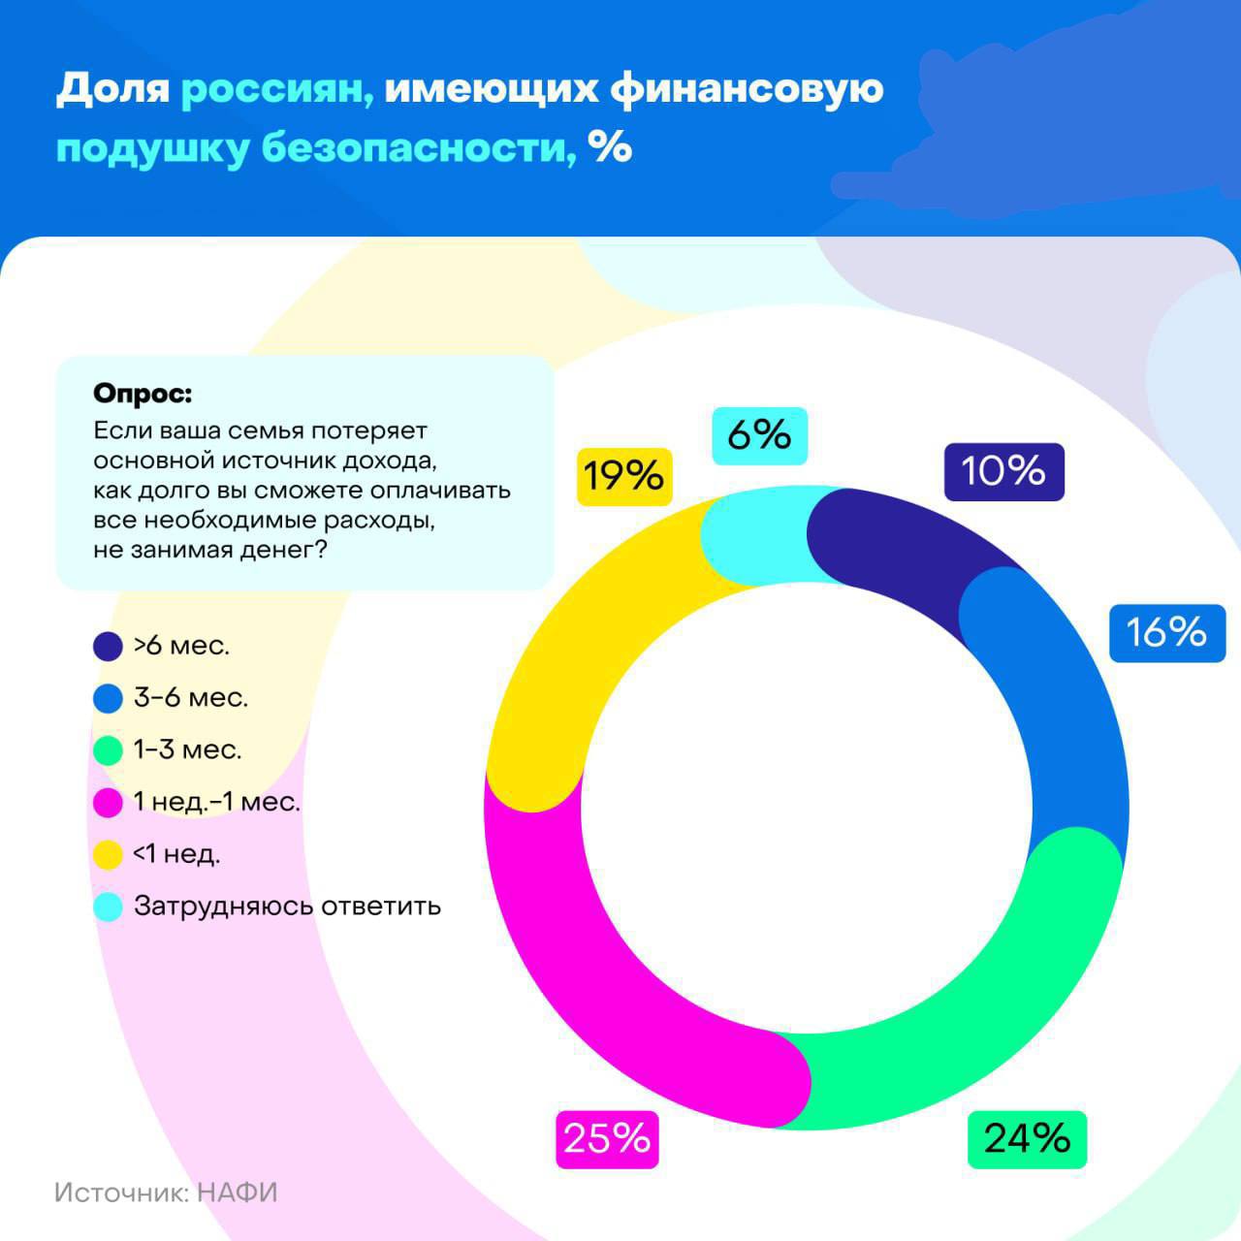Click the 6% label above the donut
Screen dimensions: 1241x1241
(759, 435)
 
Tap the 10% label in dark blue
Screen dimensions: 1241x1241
(1003, 471)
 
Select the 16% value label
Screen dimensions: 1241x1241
(1166, 632)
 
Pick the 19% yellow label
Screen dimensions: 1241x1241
(623, 476)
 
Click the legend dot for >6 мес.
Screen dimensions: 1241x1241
(108, 647)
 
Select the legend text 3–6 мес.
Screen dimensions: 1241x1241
(191, 698)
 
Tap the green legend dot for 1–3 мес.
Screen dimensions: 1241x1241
(108, 750)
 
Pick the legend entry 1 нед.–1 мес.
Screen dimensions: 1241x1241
(217, 803)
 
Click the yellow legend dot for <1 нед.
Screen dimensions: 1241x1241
(108, 855)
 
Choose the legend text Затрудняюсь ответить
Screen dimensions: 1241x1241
(287, 907)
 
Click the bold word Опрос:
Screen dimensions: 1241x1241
(143, 395)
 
